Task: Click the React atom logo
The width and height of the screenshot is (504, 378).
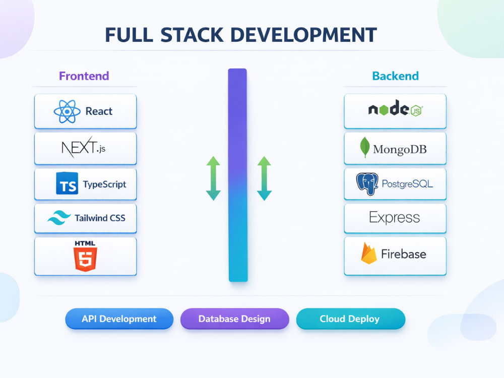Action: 67,111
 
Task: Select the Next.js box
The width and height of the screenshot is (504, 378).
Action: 86,149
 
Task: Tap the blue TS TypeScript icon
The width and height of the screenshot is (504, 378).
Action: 67,183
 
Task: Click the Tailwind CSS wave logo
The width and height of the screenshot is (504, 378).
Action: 59,218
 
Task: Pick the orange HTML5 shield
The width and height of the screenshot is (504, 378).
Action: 85,259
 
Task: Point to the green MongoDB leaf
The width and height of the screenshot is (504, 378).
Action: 365,147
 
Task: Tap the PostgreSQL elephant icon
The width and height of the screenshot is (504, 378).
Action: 367,184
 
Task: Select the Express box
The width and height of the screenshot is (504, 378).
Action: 395,218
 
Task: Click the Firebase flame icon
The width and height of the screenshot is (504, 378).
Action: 369,253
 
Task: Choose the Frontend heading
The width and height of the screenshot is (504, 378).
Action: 84,76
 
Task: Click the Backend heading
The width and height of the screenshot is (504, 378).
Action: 395,76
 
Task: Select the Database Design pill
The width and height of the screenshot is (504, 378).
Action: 235,319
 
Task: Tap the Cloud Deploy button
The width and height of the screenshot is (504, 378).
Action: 350,319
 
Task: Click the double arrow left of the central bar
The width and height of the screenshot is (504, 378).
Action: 213,178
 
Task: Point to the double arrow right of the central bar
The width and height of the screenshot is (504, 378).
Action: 264,178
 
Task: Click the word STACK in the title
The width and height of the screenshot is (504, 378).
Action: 192,35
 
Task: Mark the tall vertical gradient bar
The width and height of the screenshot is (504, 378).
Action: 238,175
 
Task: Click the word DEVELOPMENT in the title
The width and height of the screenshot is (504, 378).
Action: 304,35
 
